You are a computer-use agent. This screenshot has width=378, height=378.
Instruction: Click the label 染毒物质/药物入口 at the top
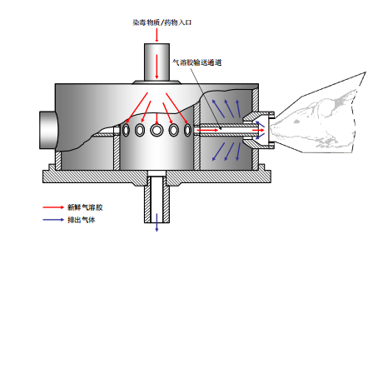coord(162,22)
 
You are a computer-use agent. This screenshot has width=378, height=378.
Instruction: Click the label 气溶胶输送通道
coord(197,62)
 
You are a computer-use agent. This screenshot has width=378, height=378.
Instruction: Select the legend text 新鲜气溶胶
coord(85,207)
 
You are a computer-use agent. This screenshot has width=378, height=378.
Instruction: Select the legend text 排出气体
coord(82,220)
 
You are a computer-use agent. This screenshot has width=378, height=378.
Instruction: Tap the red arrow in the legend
coord(53,207)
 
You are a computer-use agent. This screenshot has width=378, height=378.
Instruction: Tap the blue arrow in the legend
coord(53,220)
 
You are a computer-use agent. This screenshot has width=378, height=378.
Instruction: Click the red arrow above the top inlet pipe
coord(157,35)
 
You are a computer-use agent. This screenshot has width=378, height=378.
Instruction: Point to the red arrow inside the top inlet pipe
coord(157,67)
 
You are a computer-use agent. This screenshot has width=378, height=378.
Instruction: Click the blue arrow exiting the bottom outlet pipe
coord(157,222)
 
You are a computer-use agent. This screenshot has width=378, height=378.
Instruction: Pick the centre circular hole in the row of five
coord(157,130)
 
